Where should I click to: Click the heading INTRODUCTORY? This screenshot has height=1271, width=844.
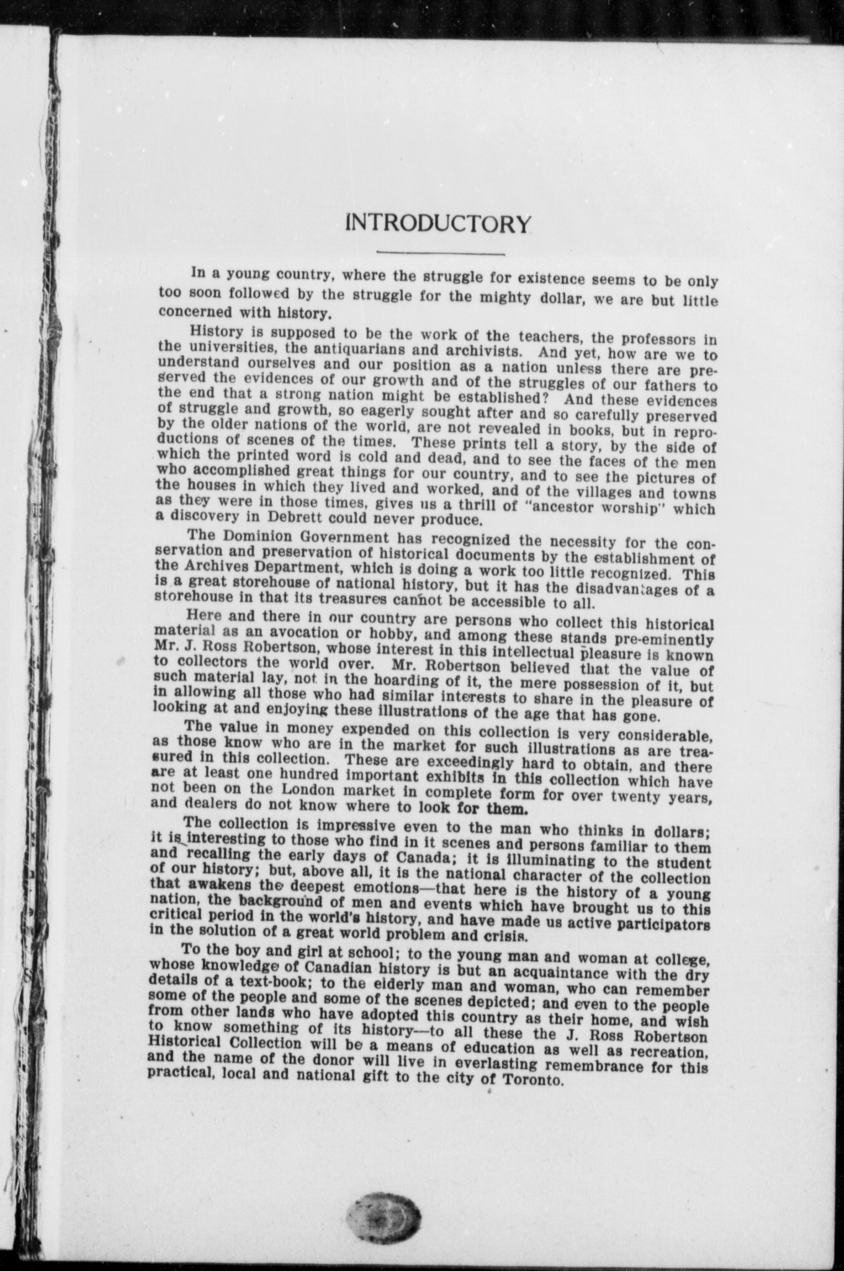click(438, 223)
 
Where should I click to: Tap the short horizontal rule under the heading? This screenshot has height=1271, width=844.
click(440, 253)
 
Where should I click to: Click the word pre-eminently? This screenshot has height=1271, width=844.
click(658, 639)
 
